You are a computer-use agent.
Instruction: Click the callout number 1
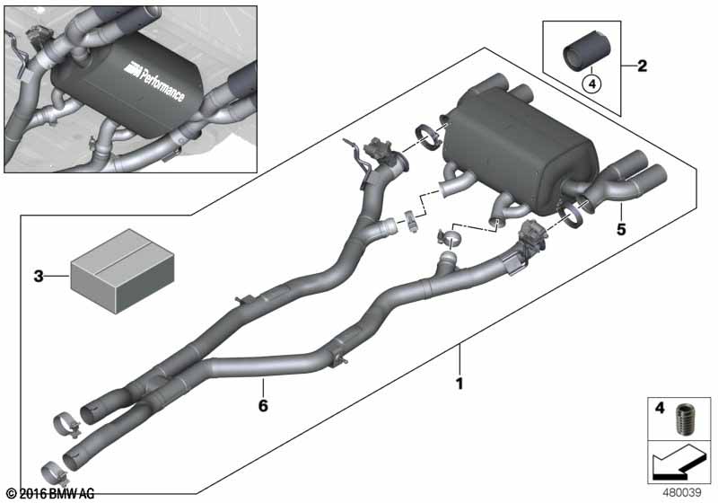pos(460,384)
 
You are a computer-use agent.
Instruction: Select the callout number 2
pos(643,66)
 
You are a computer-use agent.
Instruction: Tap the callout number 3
pos(39,277)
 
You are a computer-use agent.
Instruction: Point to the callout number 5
pos(621,228)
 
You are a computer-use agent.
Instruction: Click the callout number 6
pos(263,405)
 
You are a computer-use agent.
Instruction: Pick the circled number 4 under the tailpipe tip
pos(591,84)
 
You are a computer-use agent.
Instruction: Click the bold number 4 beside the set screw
pos(660,408)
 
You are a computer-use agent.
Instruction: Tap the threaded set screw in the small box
pos(686,419)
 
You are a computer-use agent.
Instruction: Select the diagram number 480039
pos(682,492)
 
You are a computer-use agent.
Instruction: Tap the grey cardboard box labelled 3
pos(122,271)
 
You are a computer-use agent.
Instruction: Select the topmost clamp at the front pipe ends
pos(67,425)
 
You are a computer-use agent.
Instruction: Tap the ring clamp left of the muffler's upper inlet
pos(428,137)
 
